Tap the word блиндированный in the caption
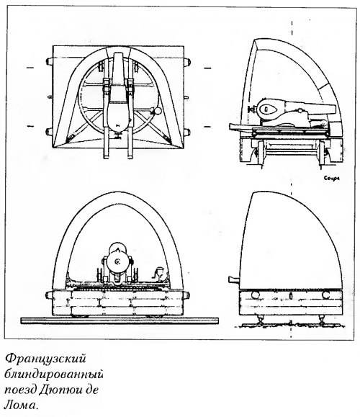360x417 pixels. (53, 375)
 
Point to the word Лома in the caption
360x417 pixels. (20, 405)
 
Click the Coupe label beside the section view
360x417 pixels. (331, 178)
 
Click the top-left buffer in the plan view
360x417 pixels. (49, 61)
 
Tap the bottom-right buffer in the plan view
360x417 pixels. (187, 132)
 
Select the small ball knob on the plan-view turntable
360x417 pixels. (157, 111)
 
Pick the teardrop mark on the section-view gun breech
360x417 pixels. (266, 109)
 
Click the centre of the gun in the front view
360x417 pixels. (117, 262)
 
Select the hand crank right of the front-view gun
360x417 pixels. (159, 274)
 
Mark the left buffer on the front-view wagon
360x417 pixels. (49, 295)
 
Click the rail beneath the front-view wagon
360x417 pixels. (120, 320)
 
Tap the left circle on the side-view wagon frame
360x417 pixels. (256, 295)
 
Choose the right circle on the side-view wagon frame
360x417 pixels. (325, 295)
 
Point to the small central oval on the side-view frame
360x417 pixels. (291, 296)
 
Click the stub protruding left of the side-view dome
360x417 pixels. (234, 279)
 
